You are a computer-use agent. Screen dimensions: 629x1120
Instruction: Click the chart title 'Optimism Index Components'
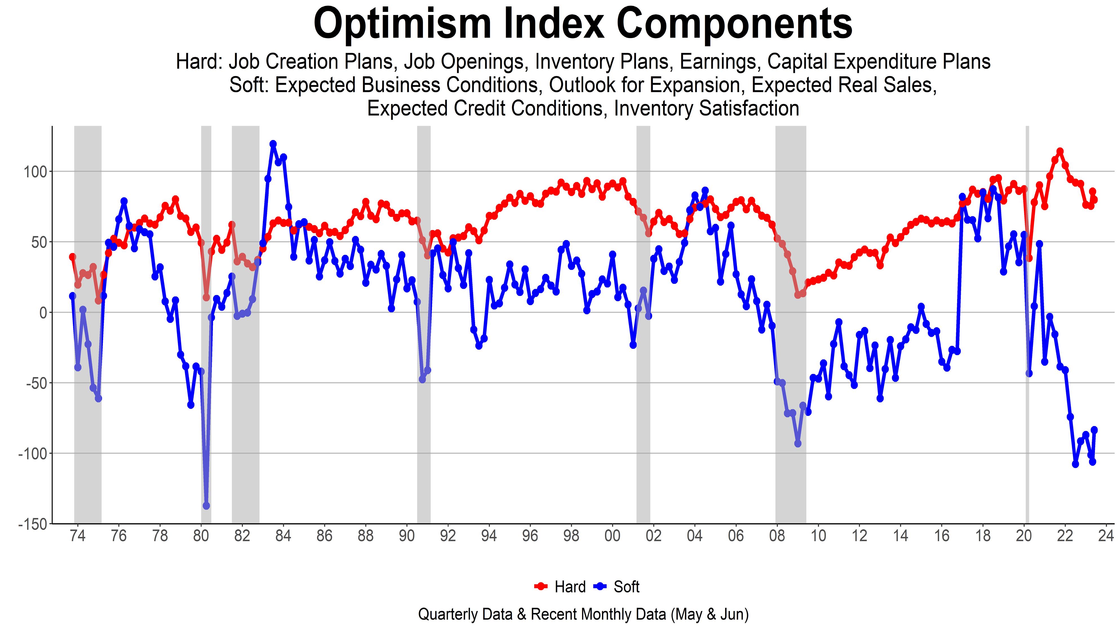point(583,24)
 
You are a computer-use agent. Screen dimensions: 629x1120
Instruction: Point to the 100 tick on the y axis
point(35,171)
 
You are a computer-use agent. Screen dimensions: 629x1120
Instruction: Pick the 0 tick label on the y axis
point(43,312)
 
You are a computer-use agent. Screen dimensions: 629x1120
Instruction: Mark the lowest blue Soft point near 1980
point(206,506)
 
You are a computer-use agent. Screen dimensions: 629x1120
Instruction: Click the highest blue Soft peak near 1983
point(273,144)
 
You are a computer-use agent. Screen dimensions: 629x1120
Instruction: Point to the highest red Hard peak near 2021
point(1060,151)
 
